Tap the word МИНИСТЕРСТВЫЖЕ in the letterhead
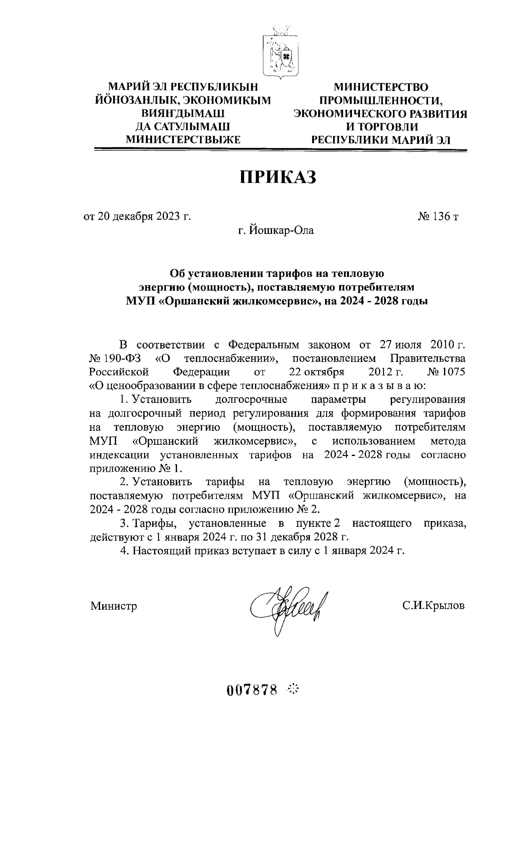click(183, 140)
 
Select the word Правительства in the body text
click(428, 359)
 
